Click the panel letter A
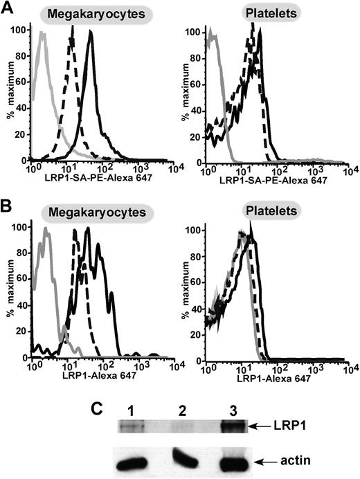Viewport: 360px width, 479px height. [x=8, y=9]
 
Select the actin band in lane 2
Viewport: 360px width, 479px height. [x=186, y=456]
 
